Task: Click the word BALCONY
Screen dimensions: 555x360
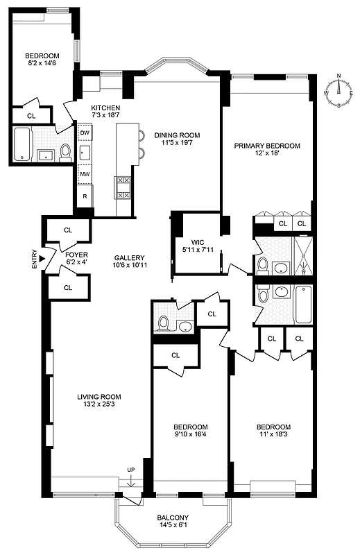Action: coord(173,518)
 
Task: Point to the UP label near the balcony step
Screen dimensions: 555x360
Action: coord(131,470)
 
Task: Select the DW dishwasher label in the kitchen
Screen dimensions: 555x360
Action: coord(85,132)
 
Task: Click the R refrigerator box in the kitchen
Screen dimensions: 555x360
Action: coord(85,196)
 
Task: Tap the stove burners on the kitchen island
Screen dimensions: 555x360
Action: coord(123,187)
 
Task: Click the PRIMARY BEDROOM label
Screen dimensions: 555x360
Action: coord(267,146)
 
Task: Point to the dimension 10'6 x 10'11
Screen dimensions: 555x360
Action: coord(129,264)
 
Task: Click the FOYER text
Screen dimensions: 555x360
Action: coord(76,255)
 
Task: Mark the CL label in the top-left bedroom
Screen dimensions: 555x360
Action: coord(31,116)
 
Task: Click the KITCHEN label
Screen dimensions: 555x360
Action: coord(105,108)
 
